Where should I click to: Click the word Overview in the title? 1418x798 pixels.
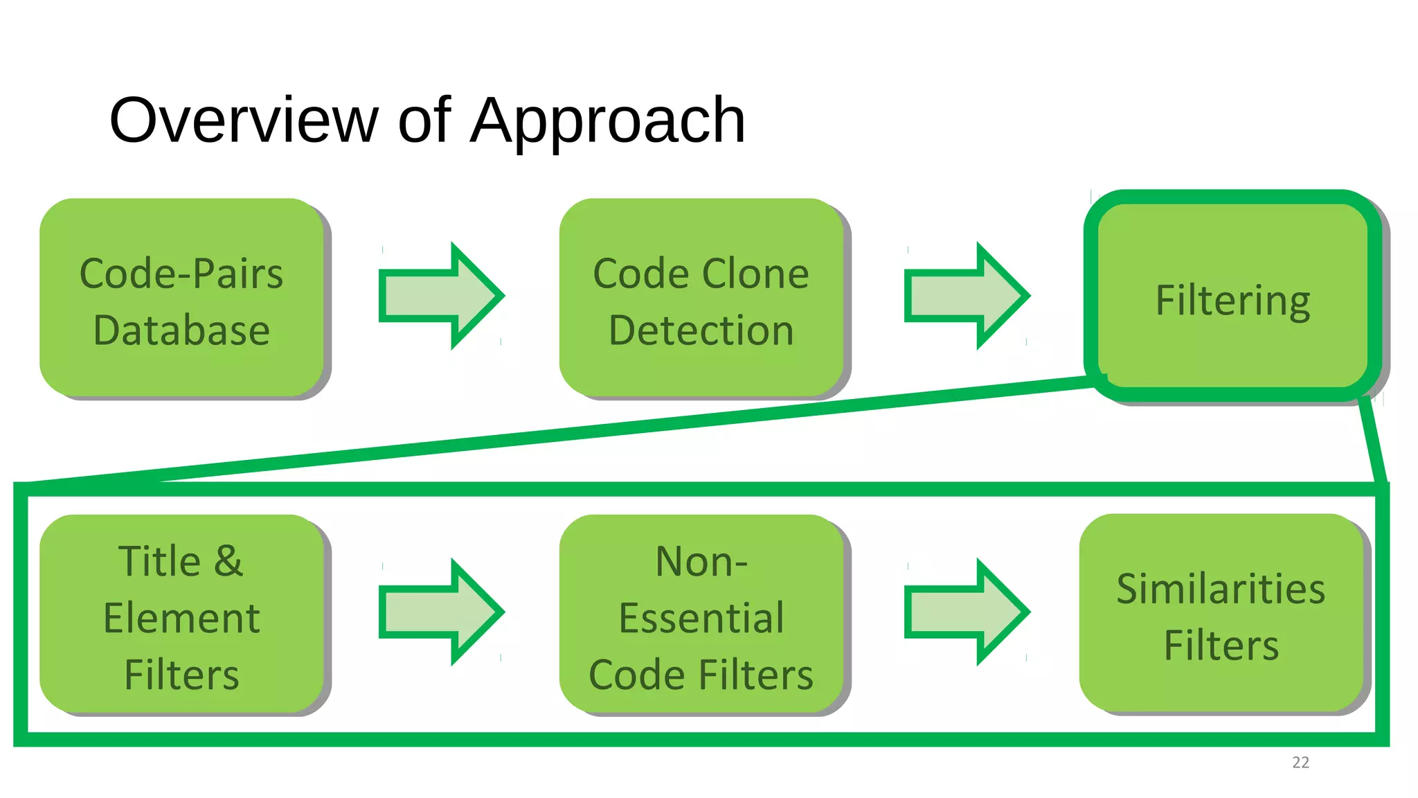(244, 121)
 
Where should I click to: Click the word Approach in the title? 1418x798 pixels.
(607, 122)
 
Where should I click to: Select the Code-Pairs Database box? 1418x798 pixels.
(181, 298)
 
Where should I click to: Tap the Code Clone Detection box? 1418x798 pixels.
(701, 298)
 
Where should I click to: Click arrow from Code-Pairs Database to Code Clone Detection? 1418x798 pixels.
(440, 296)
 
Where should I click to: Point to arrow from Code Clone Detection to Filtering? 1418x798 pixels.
(966, 296)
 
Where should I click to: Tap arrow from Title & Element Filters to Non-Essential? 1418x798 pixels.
(440, 612)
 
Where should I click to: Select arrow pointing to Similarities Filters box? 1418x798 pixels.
(966, 612)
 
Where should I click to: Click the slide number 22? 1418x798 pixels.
(1300, 763)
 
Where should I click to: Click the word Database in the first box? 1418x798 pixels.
(181, 330)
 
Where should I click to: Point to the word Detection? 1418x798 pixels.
(701, 330)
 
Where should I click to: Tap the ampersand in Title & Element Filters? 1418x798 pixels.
(228, 560)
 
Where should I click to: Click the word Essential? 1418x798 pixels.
(701, 618)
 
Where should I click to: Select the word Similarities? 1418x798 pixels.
(1221, 589)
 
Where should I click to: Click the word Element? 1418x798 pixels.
(181, 618)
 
